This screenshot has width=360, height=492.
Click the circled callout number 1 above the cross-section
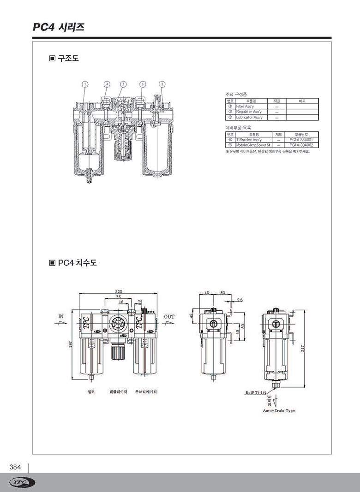(85, 84)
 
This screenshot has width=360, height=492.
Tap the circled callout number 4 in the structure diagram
(107, 84)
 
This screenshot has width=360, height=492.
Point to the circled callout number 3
(162, 84)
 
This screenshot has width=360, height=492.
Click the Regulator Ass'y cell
(249, 112)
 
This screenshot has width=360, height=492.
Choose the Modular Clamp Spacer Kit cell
(253, 145)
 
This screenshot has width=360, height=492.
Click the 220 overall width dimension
(119, 291)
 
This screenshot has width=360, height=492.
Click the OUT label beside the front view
(169, 317)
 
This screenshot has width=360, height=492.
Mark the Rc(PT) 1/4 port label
(257, 393)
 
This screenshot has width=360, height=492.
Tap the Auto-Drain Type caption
(279, 410)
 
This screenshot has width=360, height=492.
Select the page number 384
(15, 467)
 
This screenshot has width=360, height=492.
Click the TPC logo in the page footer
(22, 482)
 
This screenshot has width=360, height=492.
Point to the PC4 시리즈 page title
(58, 27)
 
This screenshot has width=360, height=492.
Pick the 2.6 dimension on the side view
(240, 300)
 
